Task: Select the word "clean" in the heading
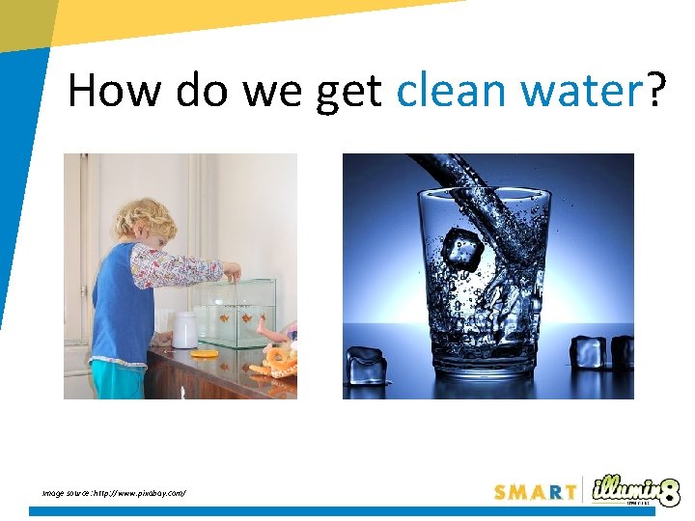point(454,92)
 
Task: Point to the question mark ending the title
point(656,92)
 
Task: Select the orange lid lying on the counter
point(205,353)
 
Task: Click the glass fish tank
point(236,314)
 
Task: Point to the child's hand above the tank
point(231,269)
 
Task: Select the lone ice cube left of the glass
point(367,367)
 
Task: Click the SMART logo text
point(535,491)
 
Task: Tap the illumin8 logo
point(635,489)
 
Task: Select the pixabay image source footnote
point(113,493)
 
